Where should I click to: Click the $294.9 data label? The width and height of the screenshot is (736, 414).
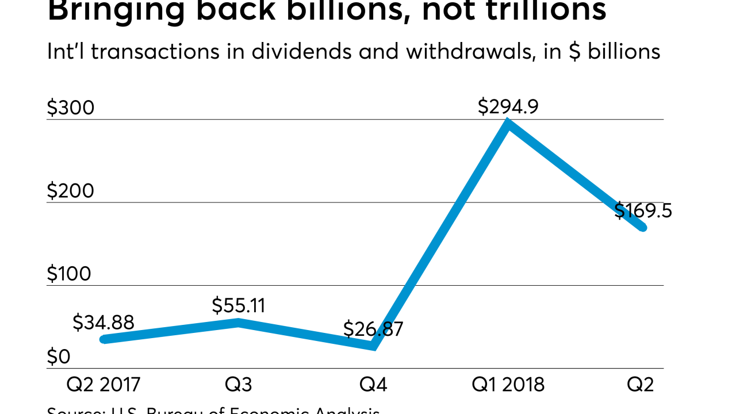pos(508,107)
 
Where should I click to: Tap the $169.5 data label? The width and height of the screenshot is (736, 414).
pos(643,211)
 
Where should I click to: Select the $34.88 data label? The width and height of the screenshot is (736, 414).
pos(103,323)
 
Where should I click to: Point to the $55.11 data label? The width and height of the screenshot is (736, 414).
pos(239,305)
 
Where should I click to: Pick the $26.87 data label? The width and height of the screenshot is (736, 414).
pos(373,329)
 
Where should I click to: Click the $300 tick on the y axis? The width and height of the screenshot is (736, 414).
pos(70,108)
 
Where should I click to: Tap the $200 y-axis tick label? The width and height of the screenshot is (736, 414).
pos(70,191)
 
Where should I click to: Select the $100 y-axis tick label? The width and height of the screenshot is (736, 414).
pos(69,274)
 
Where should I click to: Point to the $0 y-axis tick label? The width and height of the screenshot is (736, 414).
pos(59,357)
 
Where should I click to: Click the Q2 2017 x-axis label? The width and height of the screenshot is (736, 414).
pos(103,385)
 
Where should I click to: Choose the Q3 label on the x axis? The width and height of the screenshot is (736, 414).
pos(239,385)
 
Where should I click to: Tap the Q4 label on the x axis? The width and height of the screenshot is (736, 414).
pos(373,385)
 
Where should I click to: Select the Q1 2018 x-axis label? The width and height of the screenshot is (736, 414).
pos(508,385)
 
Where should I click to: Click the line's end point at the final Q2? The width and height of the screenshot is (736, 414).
pos(643,228)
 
